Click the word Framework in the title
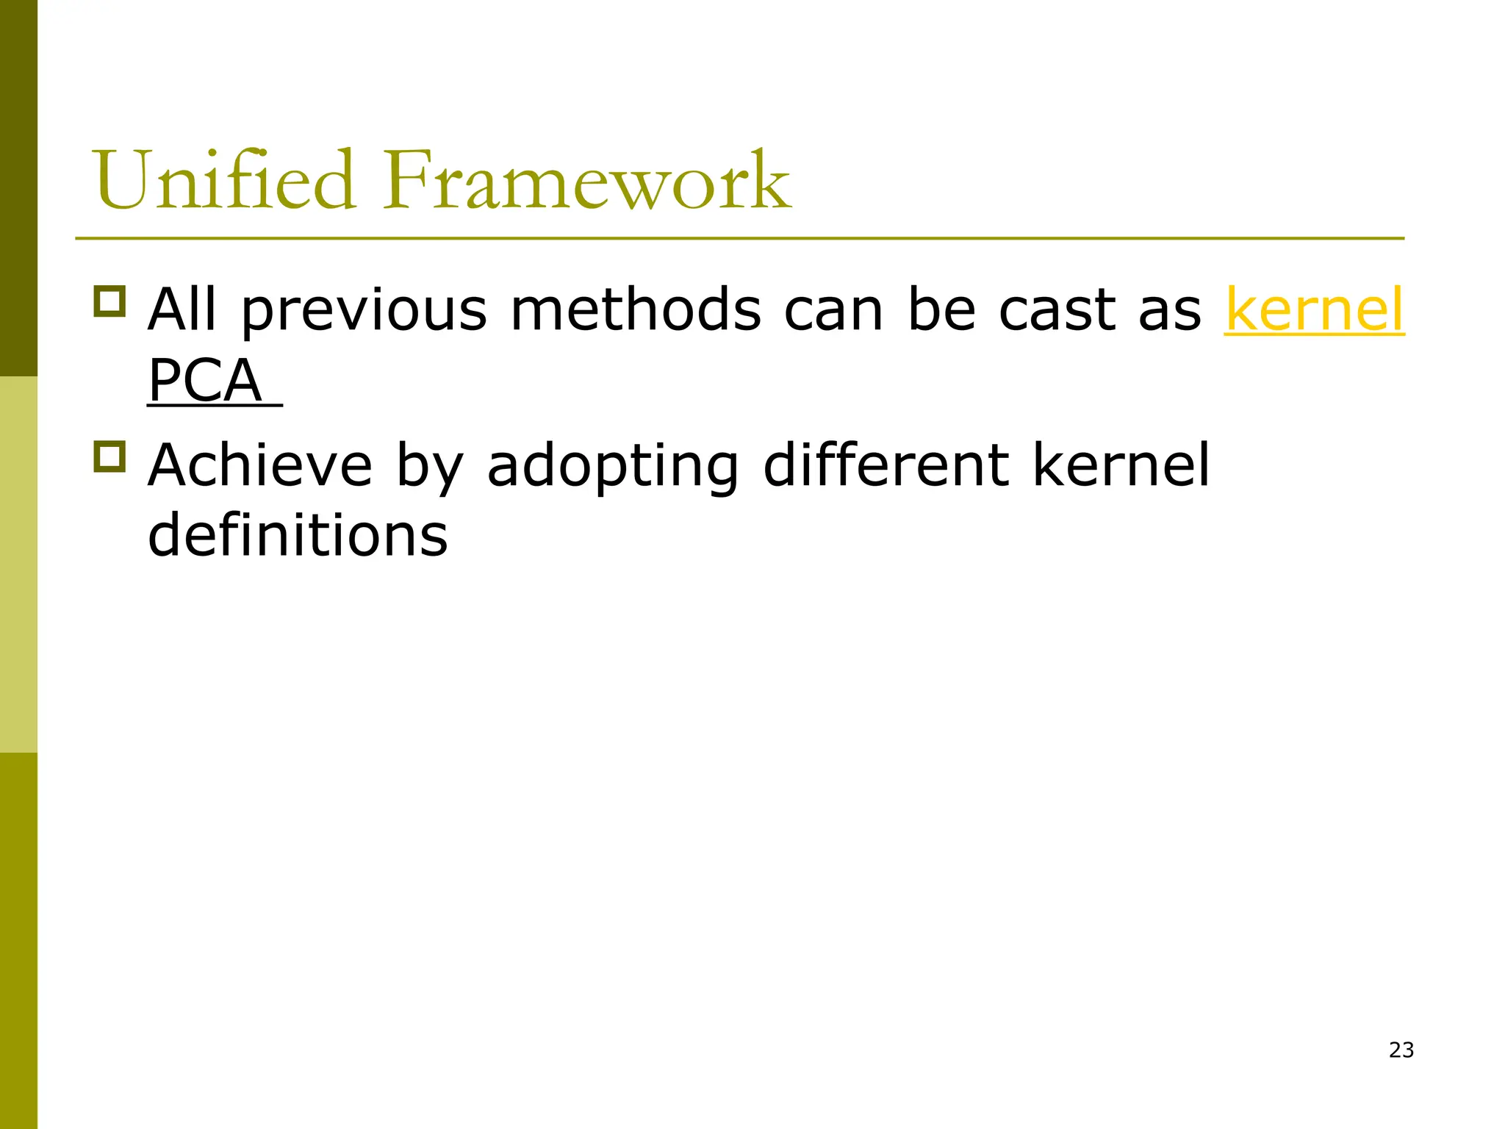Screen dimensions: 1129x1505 [x=586, y=180]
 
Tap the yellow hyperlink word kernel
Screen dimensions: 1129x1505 [x=1314, y=310]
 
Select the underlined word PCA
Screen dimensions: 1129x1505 [x=205, y=381]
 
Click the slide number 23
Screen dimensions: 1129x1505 [x=1401, y=1050]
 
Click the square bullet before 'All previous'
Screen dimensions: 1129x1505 [x=110, y=301]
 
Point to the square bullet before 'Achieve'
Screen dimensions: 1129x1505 [x=110, y=456]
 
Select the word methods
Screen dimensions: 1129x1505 [x=636, y=310]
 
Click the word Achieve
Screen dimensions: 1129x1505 [x=260, y=465]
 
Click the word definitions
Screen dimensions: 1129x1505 [x=298, y=535]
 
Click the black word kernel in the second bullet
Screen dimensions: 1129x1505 [x=1121, y=465]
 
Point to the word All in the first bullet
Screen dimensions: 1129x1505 [x=182, y=310]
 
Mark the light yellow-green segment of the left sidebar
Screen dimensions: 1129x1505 [x=18, y=564]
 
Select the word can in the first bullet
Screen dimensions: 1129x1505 [x=833, y=310]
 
